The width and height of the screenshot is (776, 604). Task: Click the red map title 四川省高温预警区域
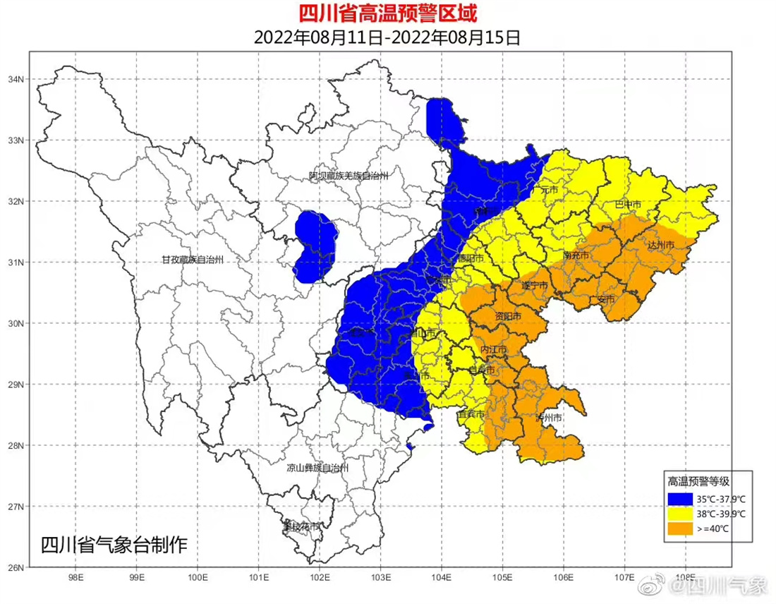click(387, 13)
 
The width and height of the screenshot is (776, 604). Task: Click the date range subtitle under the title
click(387, 37)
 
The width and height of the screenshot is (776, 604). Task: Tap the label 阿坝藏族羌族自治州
click(349, 176)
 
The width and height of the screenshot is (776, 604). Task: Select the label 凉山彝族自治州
click(317, 467)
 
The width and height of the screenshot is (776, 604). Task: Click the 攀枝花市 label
click(301, 526)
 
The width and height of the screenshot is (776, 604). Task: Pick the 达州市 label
click(661, 245)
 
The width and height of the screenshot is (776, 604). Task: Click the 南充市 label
click(576, 255)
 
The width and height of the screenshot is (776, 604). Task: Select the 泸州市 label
click(548, 418)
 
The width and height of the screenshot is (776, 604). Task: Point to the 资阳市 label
click(508, 315)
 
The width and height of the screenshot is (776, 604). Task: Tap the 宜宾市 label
click(471, 414)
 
